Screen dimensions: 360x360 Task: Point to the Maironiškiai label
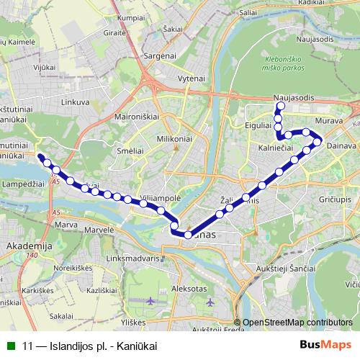(x=136, y=115)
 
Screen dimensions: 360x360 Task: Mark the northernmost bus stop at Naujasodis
(x=279, y=107)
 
